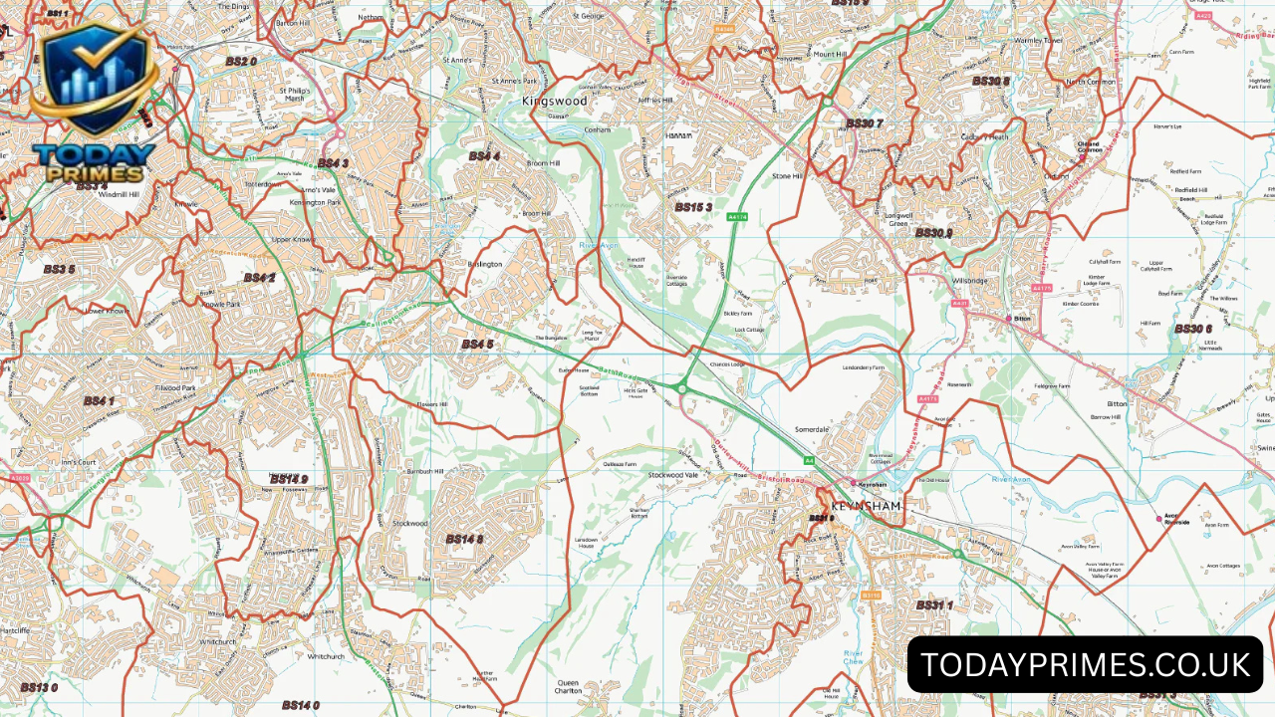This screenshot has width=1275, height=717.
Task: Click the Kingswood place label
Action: [x=555, y=102]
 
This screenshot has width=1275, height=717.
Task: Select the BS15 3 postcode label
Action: [x=693, y=207]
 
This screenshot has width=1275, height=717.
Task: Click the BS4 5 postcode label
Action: [x=477, y=345]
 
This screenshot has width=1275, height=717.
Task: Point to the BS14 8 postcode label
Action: [x=464, y=539]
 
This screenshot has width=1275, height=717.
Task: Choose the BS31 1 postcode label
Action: [x=934, y=604]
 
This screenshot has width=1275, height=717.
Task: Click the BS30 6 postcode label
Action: [x=1192, y=329]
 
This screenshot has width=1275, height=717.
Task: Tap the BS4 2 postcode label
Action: [x=259, y=278]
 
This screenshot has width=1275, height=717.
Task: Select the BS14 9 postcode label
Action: [x=290, y=479]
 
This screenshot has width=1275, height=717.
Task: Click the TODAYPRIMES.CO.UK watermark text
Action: [x=1085, y=664]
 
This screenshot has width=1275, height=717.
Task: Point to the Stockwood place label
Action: [x=409, y=523]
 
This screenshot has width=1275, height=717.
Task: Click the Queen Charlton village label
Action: [x=568, y=689]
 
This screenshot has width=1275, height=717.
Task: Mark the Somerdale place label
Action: [x=812, y=429]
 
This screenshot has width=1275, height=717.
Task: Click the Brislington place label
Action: [x=484, y=264]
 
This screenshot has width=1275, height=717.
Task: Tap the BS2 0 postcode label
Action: [x=240, y=62]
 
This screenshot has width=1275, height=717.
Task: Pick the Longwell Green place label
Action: [x=897, y=219]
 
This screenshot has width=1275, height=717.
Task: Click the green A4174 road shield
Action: [x=737, y=216]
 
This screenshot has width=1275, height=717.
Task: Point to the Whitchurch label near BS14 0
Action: [x=325, y=656]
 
